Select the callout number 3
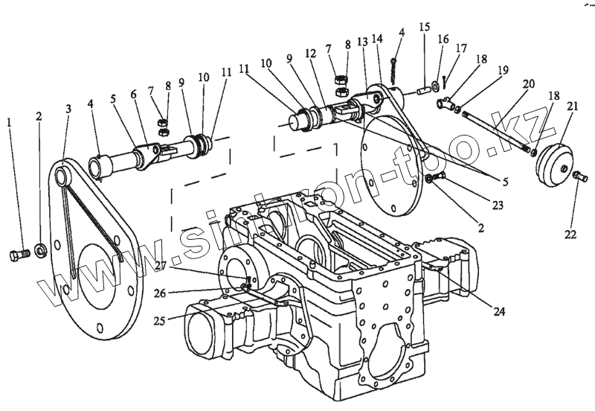pyautogui.click(x=68, y=109)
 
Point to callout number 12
pyautogui.click(x=311, y=54)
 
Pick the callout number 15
pyautogui.click(x=424, y=27)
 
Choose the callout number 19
pyautogui.click(x=504, y=70)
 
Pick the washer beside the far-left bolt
pyautogui.click(x=41, y=248)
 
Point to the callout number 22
pyautogui.click(x=570, y=235)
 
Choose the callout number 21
pyautogui.click(x=571, y=106)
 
